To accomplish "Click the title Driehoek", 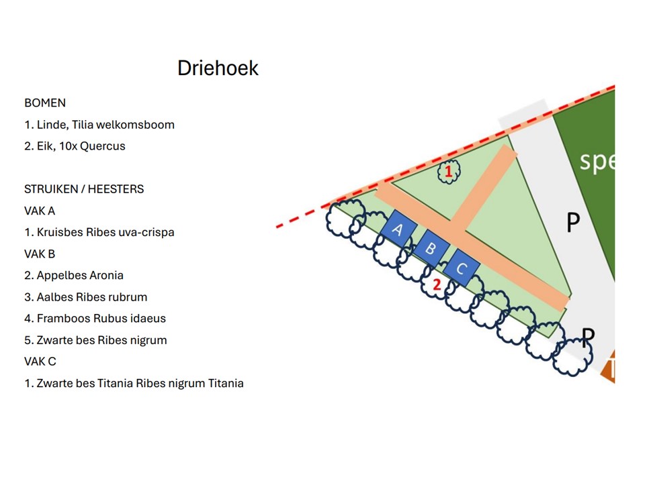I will pos(218,68).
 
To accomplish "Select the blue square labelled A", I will pos(397,230).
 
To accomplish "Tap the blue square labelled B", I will pos(431,249).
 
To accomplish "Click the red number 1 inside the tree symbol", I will pos(448,172).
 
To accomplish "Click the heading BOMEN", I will pos(45,103).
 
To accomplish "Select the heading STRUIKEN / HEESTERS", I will pos(84,189).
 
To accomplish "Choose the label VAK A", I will pos(40,211).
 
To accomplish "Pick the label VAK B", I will pos(40,254).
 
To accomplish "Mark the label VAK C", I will pos(40,362).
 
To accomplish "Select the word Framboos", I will pos(62,319).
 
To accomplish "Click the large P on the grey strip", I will pos(572,222).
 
